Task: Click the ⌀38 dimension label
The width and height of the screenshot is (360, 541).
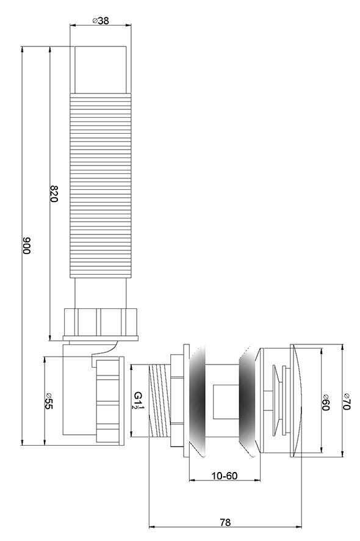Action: (x=101, y=21)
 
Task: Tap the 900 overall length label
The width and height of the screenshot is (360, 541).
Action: (x=27, y=245)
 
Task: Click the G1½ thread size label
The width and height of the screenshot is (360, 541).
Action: (x=139, y=400)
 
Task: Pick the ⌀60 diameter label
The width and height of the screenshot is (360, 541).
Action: (x=325, y=402)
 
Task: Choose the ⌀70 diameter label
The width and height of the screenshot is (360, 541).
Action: (x=347, y=402)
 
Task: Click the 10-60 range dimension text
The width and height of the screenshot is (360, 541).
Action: (x=225, y=476)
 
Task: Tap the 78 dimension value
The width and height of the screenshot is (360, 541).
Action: (x=225, y=522)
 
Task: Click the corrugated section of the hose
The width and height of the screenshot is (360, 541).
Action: (x=101, y=186)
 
